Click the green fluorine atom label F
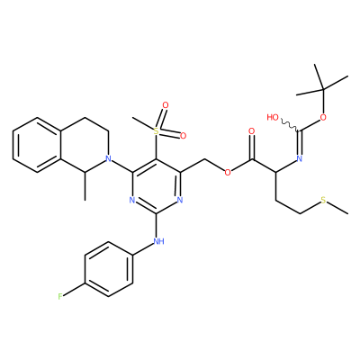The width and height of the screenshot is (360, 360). coord(60,297)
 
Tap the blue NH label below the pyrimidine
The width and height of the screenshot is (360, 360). coord(158,241)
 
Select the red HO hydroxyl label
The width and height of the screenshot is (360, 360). coord(273,117)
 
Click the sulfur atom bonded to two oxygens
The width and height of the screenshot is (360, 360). coord(156,131)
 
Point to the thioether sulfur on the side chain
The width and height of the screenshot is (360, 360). coord(323,200)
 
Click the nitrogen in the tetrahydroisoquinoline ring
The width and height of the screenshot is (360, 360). coord(109,158)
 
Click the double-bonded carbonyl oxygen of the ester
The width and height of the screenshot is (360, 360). coord(252,131)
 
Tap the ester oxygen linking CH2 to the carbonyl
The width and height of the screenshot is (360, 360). coord(228,173)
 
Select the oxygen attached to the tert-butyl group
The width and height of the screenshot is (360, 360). coord(323,117)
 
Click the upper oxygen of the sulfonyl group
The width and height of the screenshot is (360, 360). coord(166,105)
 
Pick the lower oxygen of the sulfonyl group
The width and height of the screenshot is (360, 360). coord(183,136)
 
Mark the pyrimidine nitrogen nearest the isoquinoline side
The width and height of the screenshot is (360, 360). coord(131,200)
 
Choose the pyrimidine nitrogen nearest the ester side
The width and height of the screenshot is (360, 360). coord(180,200)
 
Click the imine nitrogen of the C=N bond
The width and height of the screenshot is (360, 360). coord(299,158)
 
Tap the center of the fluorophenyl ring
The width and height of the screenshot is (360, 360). coord(109,269)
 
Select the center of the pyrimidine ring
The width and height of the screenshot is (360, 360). coord(156,186)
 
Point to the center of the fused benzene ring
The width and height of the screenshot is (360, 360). coord(37,145)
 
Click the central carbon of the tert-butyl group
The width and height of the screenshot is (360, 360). coord(323,89)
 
